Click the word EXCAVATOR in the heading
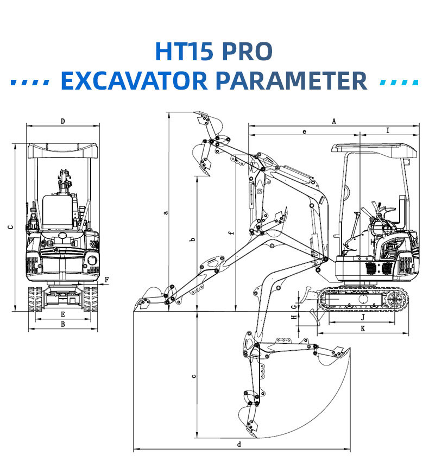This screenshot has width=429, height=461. pyautogui.click(x=134, y=80)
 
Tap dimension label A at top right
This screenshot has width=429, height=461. pyautogui.click(x=334, y=121)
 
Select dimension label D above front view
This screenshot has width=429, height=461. pyautogui.click(x=63, y=121)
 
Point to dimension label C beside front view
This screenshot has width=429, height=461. pyautogui.click(x=10, y=228)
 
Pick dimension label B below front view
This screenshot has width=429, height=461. pyautogui.click(x=63, y=324)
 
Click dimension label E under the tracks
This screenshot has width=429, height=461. pyautogui.click(x=63, y=314)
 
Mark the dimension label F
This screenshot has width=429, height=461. pyautogui.click(x=106, y=280)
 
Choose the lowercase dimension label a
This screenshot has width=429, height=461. pyautogui.click(x=166, y=212)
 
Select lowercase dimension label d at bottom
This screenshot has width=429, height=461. pyautogui.click(x=239, y=445)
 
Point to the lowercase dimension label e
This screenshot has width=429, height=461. pyautogui.click(x=304, y=131)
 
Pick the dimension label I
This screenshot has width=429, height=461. pyautogui.click(x=387, y=130)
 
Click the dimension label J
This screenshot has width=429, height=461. pyautogui.click(x=362, y=317)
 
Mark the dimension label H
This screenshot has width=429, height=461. pyautogui.click(x=294, y=317)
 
